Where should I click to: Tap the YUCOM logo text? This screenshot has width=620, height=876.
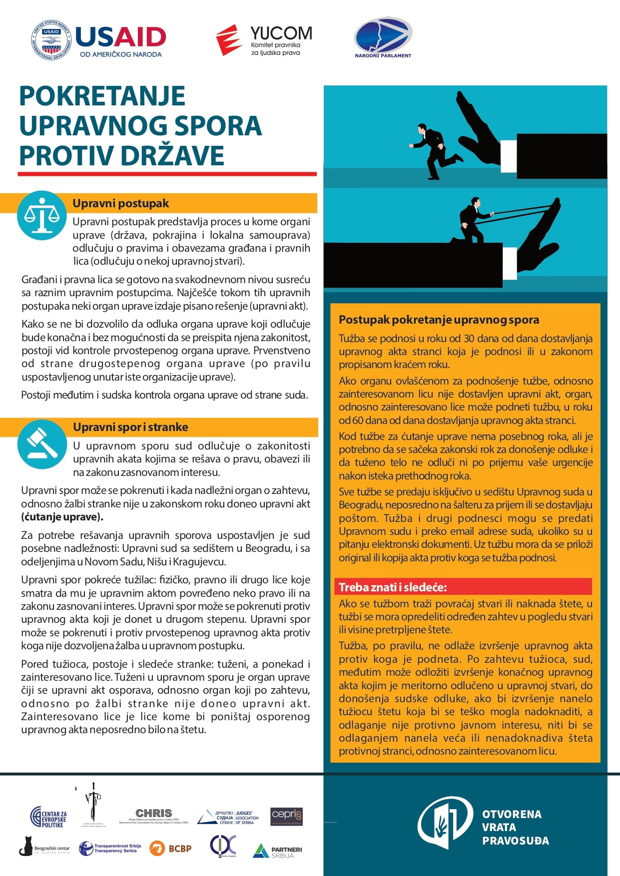point(281,34)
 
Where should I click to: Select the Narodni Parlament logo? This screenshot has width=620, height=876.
point(383,37)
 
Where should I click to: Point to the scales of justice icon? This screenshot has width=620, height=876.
point(42,215)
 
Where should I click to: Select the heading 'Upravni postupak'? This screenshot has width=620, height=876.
point(120,203)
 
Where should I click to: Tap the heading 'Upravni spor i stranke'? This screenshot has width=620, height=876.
point(130,427)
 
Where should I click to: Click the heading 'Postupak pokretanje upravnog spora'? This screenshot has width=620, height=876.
point(439,320)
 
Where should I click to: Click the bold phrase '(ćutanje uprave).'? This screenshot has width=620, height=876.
point(62,517)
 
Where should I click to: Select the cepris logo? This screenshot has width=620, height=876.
point(286,816)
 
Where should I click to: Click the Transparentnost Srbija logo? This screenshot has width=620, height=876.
point(110,849)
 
